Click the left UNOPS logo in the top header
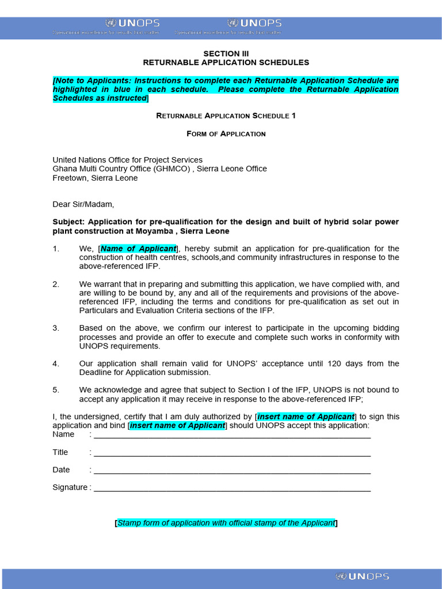[133, 23]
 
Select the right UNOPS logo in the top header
[254, 23]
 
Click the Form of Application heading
[226, 133]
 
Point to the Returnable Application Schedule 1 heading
[226, 116]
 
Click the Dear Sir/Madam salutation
[83, 204]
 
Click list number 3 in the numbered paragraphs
[56, 328]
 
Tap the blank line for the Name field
[232, 435]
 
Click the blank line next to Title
[232, 453]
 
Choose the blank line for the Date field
[232, 471]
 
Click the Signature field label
[70, 488]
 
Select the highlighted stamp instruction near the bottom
[226, 523]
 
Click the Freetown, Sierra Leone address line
[95, 178]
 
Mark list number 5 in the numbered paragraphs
[56, 389]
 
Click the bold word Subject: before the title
[68, 222]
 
